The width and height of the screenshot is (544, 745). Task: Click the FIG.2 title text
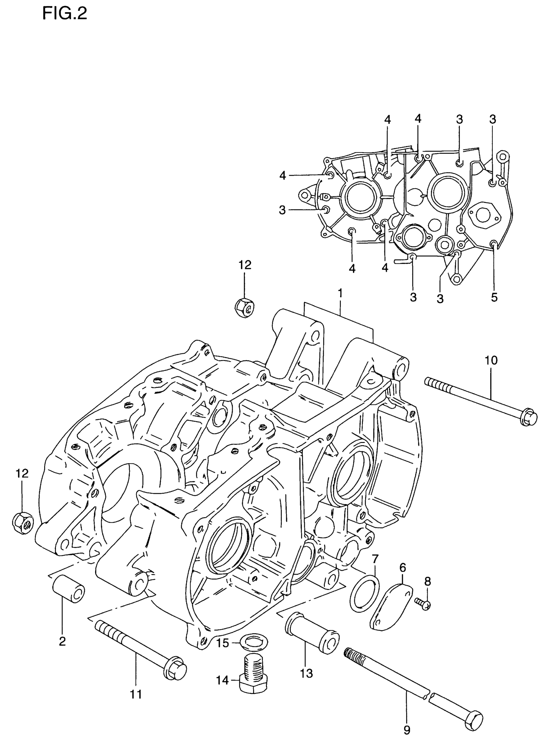(65, 14)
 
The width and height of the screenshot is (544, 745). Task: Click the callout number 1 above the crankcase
(340, 293)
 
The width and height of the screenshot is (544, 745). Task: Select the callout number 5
(494, 297)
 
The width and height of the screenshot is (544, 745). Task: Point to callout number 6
(403, 568)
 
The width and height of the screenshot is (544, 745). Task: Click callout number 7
(375, 559)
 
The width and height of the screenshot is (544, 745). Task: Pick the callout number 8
(427, 582)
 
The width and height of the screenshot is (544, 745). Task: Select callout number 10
(491, 360)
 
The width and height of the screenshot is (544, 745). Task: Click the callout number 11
(136, 694)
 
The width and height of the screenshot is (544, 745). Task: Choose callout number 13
(306, 674)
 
